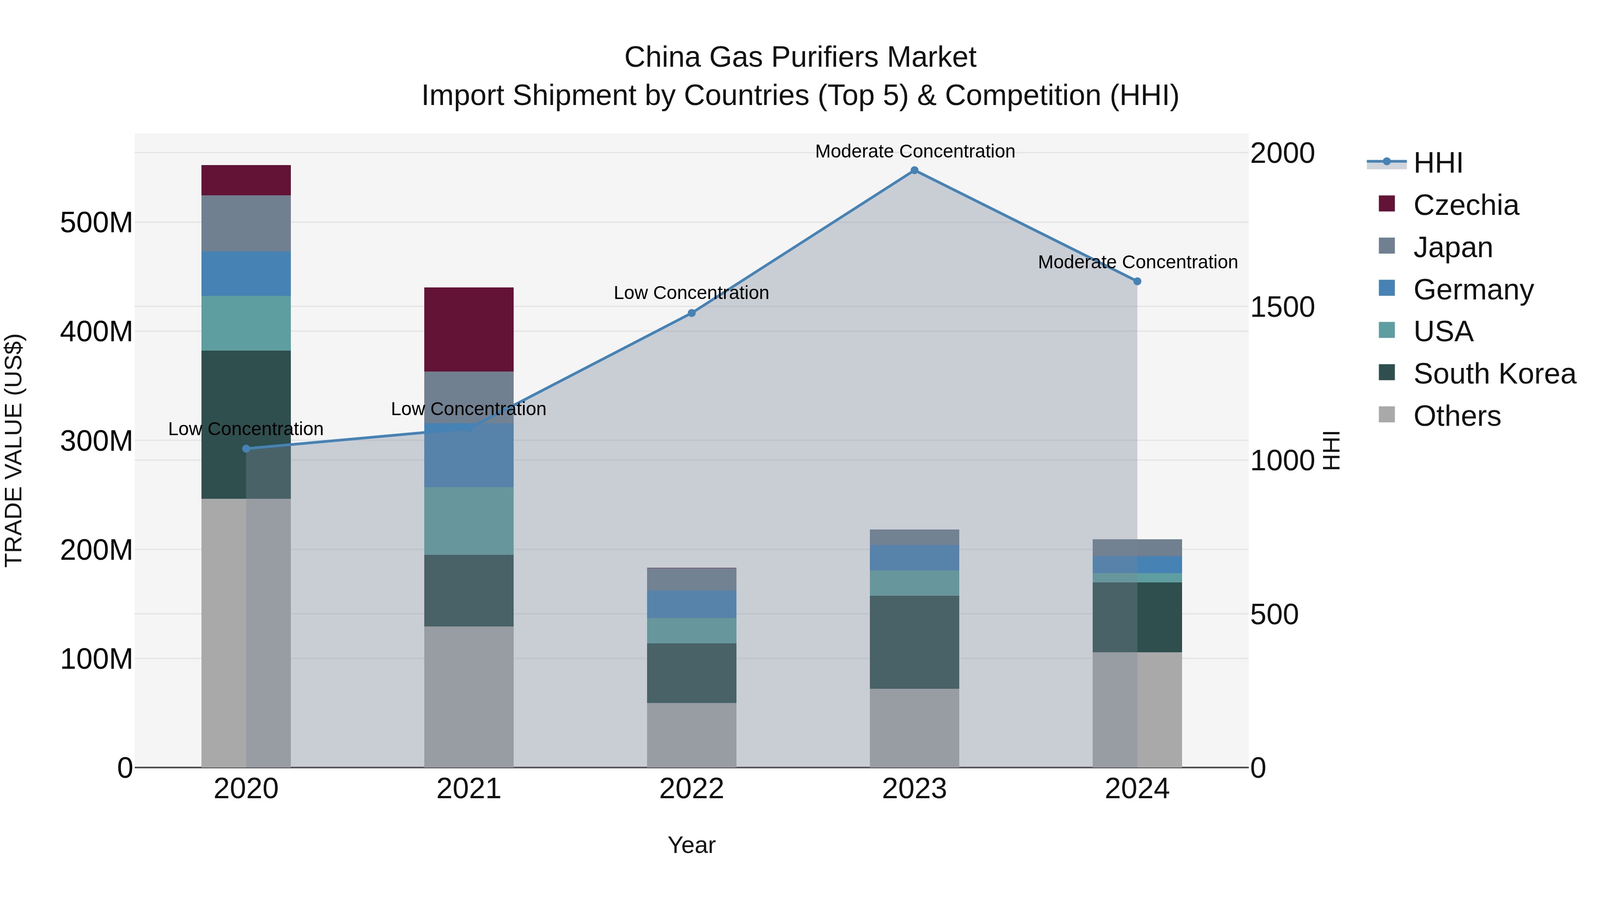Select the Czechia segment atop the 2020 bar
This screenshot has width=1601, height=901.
click(x=246, y=180)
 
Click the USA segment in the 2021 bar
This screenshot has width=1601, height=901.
click(x=469, y=521)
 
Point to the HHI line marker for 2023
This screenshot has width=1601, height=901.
click(x=914, y=170)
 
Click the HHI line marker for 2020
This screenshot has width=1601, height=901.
click(x=246, y=448)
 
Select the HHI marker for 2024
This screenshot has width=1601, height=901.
click(x=1137, y=281)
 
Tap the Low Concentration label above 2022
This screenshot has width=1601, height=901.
click(x=691, y=293)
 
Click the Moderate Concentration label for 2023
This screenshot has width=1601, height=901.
click(x=915, y=152)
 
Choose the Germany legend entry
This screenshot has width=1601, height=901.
click(x=1473, y=290)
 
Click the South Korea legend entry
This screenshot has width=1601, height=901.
click(x=1494, y=374)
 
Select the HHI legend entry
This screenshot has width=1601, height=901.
click(x=1437, y=163)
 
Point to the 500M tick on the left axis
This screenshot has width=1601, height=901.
click(x=97, y=222)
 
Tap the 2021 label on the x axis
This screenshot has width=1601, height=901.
click(x=469, y=789)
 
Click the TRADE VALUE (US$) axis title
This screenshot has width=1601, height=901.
click(x=14, y=450)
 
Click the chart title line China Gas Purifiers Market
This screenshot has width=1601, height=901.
click(x=800, y=57)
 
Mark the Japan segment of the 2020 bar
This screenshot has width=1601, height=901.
click(x=246, y=223)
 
